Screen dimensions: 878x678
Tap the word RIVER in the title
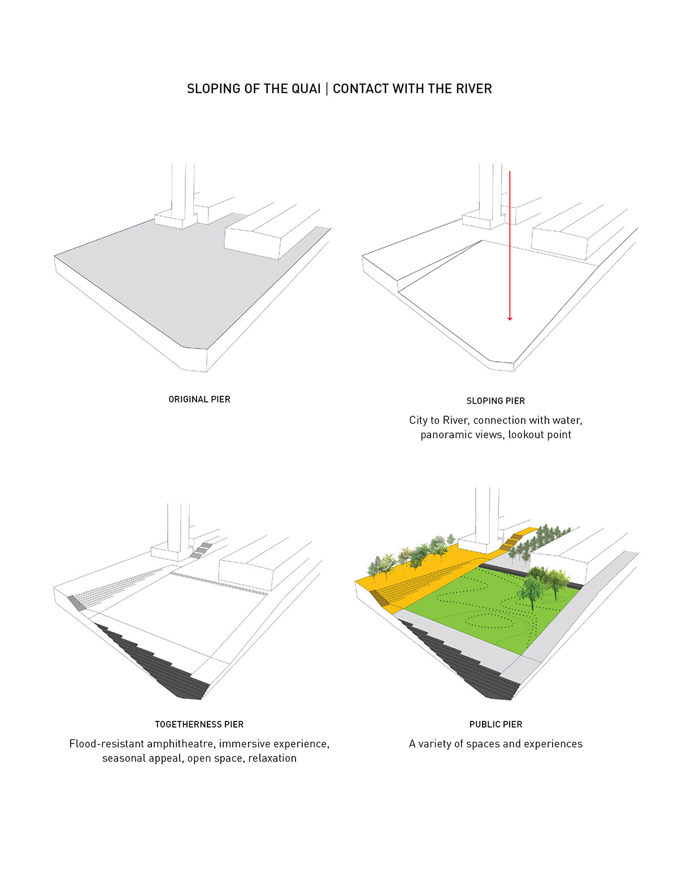(x=473, y=89)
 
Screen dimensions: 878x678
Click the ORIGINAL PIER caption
(x=199, y=399)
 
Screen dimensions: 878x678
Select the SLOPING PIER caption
(x=496, y=401)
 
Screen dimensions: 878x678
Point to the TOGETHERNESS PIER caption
(x=199, y=724)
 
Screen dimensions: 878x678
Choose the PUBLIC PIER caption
(x=496, y=724)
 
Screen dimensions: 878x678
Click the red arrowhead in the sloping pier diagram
(x=510, y=318)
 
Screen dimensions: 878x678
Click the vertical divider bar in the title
(x=327, y=89)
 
